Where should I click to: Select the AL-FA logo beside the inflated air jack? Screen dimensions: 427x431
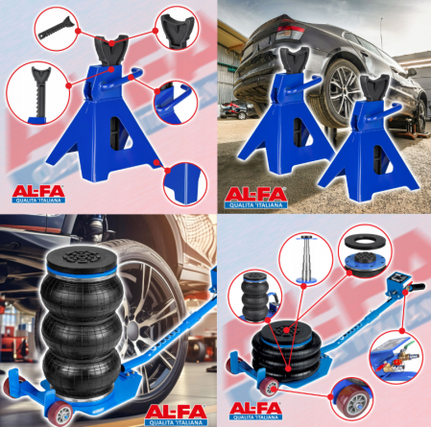pyautogui.click(x=178, y=414)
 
